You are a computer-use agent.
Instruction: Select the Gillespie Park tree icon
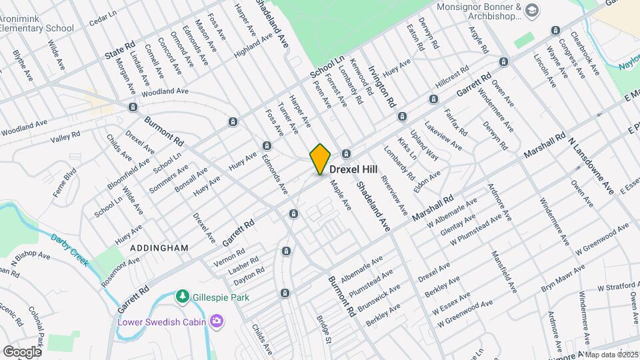181,295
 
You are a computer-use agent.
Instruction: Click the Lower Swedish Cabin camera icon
216,322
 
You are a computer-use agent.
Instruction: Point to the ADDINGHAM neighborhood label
159,247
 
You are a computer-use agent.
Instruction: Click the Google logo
22,351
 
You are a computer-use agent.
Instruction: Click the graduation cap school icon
531,9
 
